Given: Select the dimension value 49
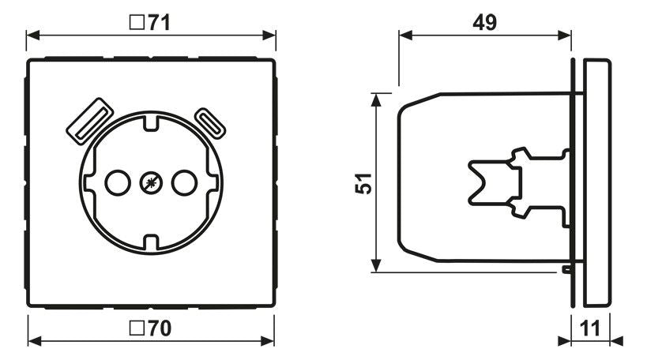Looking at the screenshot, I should point(484,22).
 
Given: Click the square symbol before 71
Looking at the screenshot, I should point(135,22).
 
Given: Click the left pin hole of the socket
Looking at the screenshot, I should point(116,183).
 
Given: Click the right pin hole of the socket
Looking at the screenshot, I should point(182,183).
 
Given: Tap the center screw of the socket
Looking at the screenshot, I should point(149,183).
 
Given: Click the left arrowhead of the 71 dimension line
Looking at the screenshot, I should point(32,36).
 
